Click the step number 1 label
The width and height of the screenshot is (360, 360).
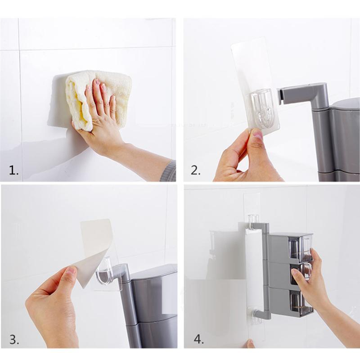[14, 170]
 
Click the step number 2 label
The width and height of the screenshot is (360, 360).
[195, 170]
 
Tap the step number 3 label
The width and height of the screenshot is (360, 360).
[14, 339]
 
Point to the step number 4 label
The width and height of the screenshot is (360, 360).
[198, 339]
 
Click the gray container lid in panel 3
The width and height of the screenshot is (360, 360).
[153, 272]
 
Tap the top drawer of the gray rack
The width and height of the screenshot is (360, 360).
[295, 247]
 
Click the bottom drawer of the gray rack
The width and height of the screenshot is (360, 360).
[295, 301]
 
